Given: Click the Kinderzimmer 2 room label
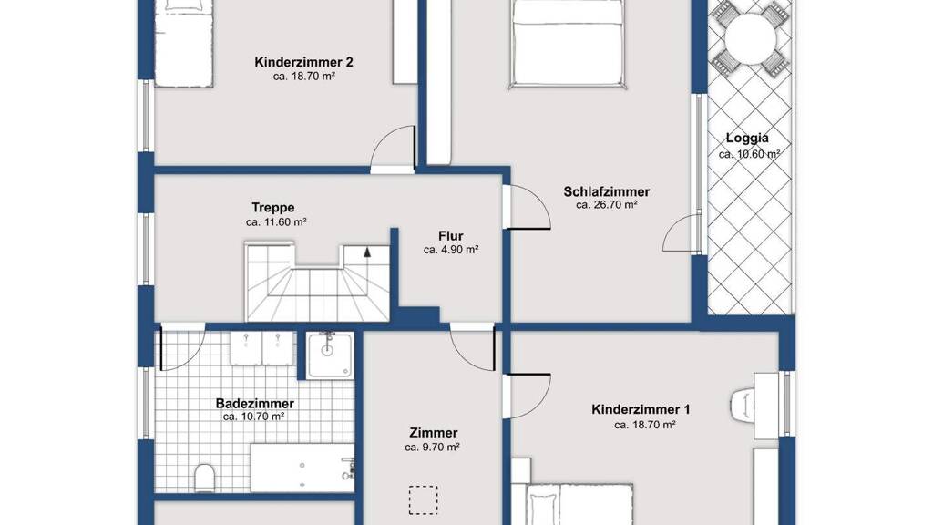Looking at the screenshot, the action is pyautogui.click(x=303, y=62).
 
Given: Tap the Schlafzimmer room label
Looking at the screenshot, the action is pyautogui.click(x=606, y=191).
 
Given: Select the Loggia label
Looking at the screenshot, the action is pyautogui.click(x=747, y=139).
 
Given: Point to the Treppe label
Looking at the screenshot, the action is pyautogui.click(x=273, y=208).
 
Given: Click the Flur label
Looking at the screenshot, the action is pyautogui.click(x=450, y=236).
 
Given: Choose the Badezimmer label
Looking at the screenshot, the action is pyautogui.click(x=255, y=404).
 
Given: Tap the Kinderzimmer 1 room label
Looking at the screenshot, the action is pyautogui.click(x=641, y=409).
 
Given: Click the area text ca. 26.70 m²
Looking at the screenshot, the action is pyautogui.click(x=606, y=205).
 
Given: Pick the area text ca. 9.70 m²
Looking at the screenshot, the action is pyautogui.click(x=432, y=447).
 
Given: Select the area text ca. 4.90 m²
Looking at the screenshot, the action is pyautogui.click(x=450, y=250).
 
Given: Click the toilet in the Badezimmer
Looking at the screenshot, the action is pyautogui.click(x=204, y=478).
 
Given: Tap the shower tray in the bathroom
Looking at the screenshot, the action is pyautogui.click(x=330, y=355).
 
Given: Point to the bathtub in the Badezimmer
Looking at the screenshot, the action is pyautogui.click(x=302, y=468).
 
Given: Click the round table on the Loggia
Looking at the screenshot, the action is pyautogui.click(x=751, y=39).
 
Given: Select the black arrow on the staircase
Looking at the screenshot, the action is pyautogui.click(x=367, y=252).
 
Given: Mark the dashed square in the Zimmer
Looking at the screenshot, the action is pyautogui.click(x=423, y=500).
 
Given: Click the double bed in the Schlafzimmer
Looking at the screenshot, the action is pyautogui.click(x=568, y=44).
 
